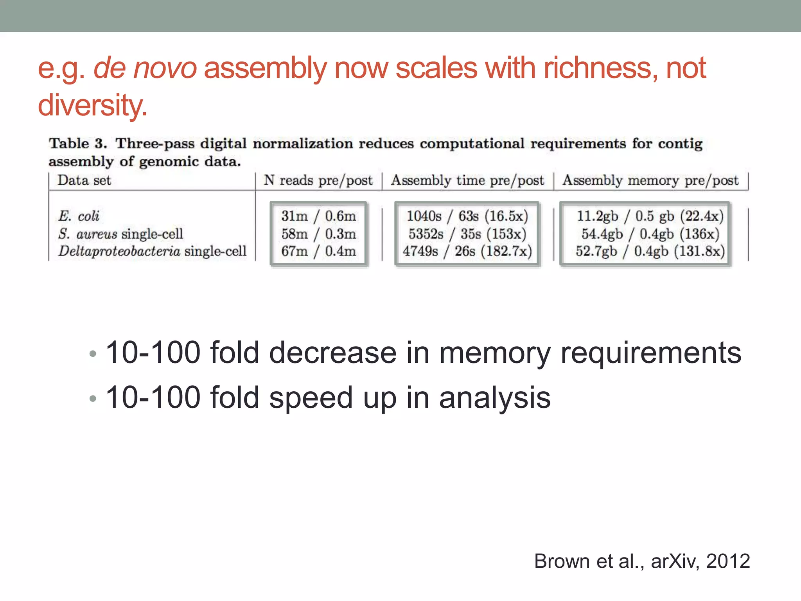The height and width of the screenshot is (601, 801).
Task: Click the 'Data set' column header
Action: point(84,180)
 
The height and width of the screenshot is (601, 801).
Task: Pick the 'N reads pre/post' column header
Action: point(318,180)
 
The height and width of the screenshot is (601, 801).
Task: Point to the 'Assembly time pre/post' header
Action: point(467,180)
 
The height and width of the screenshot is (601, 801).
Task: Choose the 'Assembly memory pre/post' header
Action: point(650,180)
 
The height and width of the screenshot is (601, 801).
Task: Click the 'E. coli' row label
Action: point(79,216)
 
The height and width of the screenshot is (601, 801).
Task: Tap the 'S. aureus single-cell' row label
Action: point(120,234)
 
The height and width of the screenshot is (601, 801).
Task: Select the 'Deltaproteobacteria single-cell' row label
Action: point(153,251)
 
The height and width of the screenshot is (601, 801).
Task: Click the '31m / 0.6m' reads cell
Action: point(318,216)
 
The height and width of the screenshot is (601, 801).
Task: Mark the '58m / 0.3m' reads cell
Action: point(318,234)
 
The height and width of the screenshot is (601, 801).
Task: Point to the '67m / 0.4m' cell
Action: point(318,251)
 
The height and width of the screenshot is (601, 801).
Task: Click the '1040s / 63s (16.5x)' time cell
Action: point(467,216)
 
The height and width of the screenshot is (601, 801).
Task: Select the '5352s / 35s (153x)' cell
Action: point(467,234)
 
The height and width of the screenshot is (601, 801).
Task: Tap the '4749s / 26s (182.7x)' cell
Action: point(467,251)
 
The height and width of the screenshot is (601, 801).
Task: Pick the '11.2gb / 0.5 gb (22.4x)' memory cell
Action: point(650,216)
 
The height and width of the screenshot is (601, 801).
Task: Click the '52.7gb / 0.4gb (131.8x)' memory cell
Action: point(650,251)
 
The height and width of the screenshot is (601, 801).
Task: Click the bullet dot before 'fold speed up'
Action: point(93,399)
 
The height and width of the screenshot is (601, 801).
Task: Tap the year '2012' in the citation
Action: point(728,561)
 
